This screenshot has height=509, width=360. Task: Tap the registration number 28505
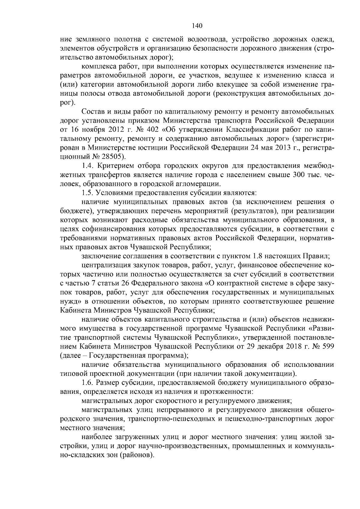[x=113, y=157]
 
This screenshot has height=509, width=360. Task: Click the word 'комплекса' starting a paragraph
[x=96, y=66]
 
